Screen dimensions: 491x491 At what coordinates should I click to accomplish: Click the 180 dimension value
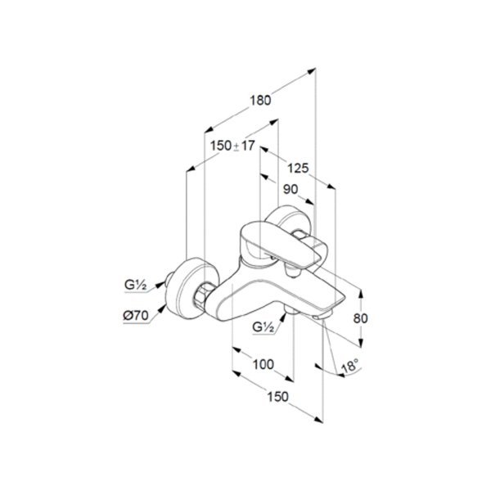260,101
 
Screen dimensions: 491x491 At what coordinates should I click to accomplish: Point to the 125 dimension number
297,169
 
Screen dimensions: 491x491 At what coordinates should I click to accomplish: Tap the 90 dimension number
290,189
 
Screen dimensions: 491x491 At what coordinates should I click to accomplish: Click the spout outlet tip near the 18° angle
323,318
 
